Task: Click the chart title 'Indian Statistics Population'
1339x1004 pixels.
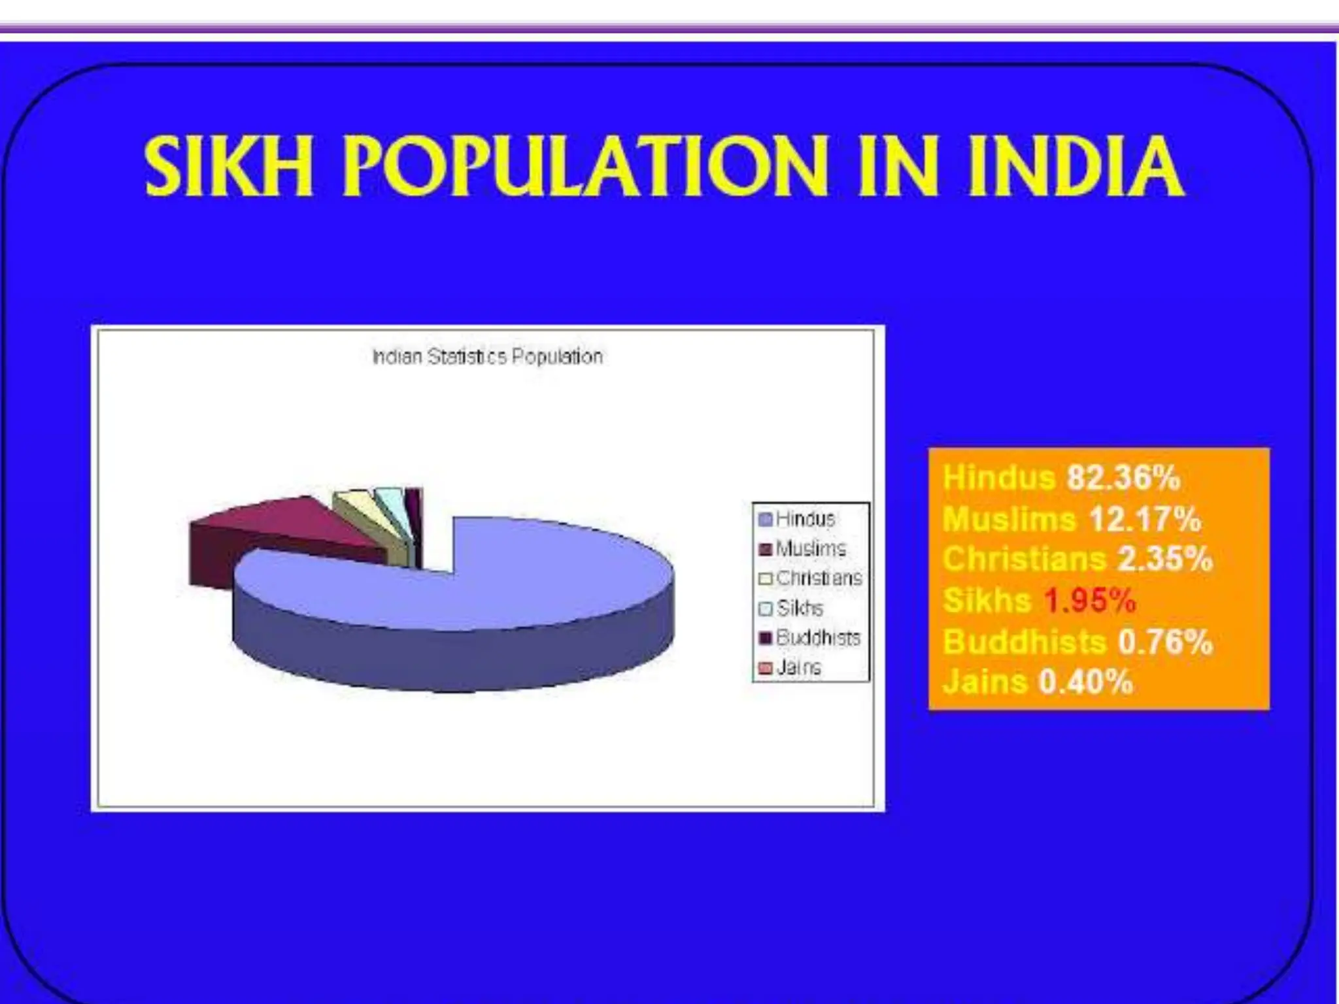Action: click(x=487, y=357)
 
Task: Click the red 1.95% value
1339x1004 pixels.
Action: click(x=1089, y=600)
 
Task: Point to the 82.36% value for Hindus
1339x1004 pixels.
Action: click(x=1123, y=478)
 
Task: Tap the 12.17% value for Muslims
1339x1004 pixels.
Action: click(x=1145, y=520)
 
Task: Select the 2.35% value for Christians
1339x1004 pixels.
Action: click(x=1164, y=560)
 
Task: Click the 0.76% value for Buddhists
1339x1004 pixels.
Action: click(x=1165, y=641)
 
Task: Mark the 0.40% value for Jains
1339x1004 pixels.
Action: click(x=1085, y=682)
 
